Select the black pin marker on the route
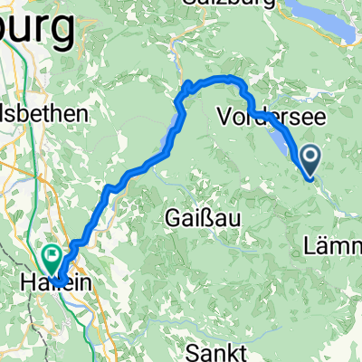[310, 160]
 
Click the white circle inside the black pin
[310, 157]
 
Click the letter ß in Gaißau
[202, 217]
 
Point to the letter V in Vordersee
[225, 115]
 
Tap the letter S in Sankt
[191, 349]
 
